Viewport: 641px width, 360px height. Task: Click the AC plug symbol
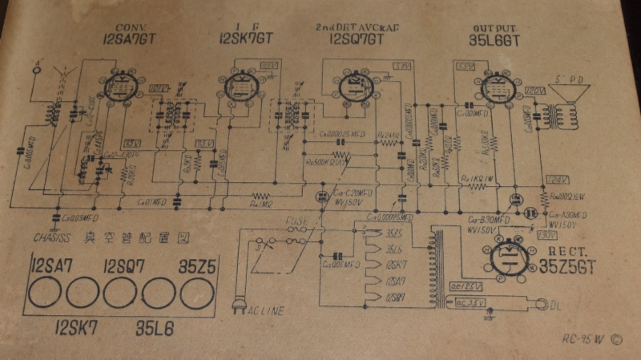(x=238, y=305)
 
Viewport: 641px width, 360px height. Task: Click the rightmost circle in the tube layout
(x=196, y=293)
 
